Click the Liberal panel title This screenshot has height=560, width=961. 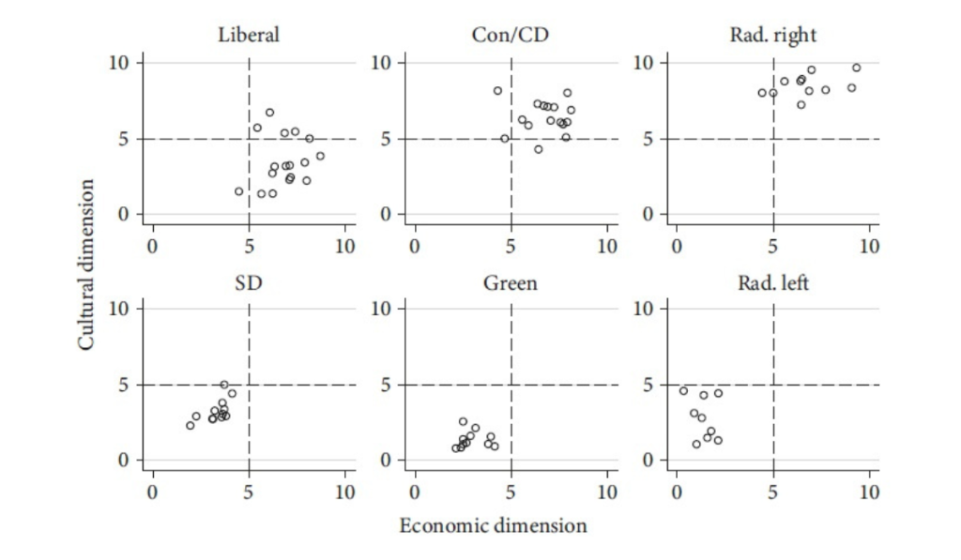point(249,36)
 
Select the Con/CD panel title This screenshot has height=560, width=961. point(511,36)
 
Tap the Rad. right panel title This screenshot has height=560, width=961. point(772,36)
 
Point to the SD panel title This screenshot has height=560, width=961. point(249,282)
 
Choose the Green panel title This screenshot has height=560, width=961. point(511,282)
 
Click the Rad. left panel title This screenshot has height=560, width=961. point(772,282)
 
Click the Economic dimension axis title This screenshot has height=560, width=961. point(493,525)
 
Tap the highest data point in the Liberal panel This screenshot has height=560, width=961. point(269,113)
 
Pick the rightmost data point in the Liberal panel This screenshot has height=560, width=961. point(320,156)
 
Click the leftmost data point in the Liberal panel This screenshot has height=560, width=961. point(238,191)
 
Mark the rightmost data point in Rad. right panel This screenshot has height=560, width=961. point(856,68)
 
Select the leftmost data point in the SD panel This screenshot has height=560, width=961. point(190,425)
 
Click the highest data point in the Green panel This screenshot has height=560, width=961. point(463,422)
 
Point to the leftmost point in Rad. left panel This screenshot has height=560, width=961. point(683,391)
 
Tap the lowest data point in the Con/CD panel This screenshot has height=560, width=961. point(538,149)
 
